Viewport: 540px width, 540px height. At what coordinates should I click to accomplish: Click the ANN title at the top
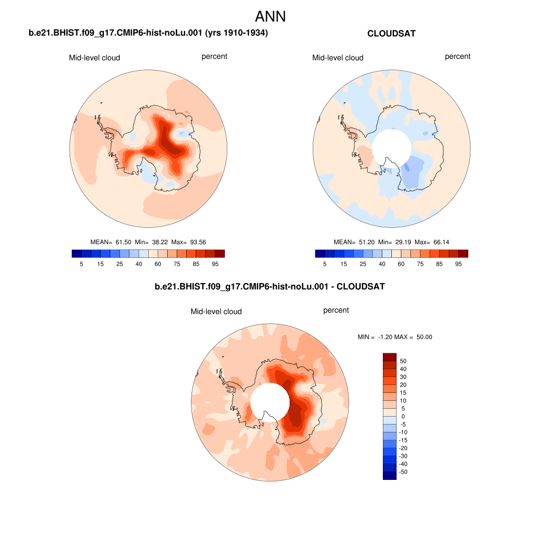(x=270, y=16)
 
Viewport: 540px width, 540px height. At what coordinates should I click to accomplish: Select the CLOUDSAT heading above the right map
(x=391, y=34)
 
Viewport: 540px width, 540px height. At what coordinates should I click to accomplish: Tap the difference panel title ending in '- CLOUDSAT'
(x=269, y=287)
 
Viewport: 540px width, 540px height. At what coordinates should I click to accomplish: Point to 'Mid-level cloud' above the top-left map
(x=94, y=57)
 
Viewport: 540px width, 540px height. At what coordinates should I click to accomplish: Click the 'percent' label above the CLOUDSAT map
(x=458, y=56)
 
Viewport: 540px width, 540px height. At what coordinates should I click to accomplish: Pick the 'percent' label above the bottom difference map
(x=336, y=310)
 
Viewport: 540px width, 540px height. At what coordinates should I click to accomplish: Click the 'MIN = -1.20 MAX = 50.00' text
(x=395, y=337)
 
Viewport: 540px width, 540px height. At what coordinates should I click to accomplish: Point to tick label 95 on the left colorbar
(x=215, y=263)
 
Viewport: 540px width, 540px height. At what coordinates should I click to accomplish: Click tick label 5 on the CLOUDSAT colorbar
(x=325, y=263)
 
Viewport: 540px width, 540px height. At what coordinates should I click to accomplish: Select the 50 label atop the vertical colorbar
(x=403, y=361)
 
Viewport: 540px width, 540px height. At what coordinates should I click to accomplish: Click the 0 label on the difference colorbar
(x=403, y=417)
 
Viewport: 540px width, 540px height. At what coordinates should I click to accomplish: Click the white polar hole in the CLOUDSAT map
(x=391, y=148)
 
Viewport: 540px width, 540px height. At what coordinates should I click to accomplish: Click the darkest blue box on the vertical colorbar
(x=389, y=476)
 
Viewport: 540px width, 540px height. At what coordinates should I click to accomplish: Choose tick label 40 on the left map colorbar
(x=139, y=263)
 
